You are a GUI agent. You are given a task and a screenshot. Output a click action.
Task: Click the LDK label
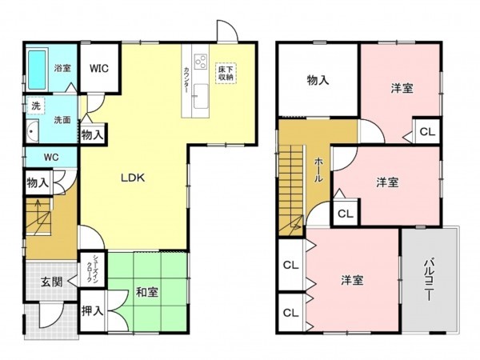point(132,178)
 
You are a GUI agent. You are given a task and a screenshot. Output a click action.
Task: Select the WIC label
point(99,69)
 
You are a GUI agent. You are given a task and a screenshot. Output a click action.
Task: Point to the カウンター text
point(186,80)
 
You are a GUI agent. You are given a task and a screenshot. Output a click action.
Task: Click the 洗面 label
point(62,120)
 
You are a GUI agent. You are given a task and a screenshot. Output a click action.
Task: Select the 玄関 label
point(53,282)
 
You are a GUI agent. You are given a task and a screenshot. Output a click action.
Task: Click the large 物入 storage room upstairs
point(318,80)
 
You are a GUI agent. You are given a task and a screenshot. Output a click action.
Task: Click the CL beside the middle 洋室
point(346,214)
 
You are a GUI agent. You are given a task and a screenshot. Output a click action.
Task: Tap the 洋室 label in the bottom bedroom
point(353,280)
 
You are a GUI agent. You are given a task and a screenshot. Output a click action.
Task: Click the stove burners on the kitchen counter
point(199,62)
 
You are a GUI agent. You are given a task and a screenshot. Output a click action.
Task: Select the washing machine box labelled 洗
point(36,105)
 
